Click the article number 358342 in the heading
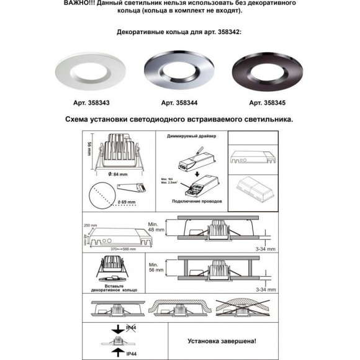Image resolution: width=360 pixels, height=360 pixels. tap(228, 30)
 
